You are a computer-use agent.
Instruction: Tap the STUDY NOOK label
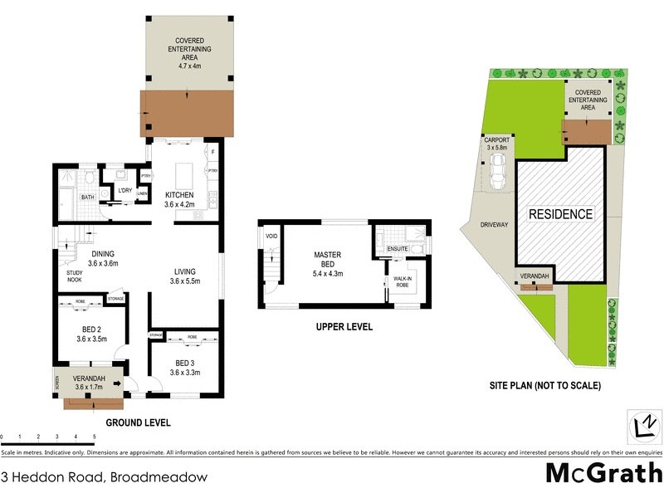[x=75, y=276]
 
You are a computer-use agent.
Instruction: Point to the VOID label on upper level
[x=271, y=237]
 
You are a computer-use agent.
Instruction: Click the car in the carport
[x=499, y=172]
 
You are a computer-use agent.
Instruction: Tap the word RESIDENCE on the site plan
[x=561, y=214]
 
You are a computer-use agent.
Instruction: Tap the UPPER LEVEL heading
[x=344, y=327]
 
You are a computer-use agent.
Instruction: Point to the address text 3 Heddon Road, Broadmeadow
[x=104, y=477]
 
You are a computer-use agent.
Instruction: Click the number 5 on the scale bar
[x=95, y=436]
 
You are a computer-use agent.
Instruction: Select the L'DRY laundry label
[x=126, y=190]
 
